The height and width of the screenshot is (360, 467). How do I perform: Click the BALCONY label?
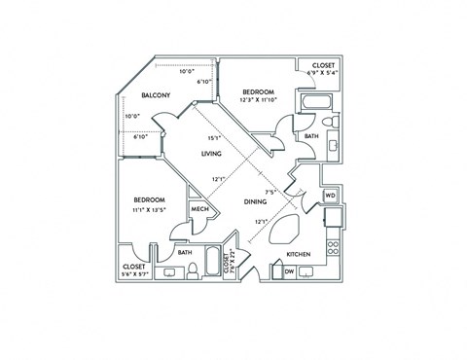click(x=157, y=95)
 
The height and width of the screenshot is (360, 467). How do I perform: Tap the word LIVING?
click(x=212, y=154)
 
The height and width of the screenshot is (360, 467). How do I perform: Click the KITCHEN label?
click(x=298, y=255)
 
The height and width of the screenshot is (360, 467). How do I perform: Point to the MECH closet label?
click(x=199, y=209)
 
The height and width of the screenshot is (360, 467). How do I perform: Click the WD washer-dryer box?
click(x=330, y=196)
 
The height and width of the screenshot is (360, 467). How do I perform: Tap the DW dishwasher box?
click(x=291, y=271)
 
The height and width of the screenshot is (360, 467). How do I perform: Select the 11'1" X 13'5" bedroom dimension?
click(x=149, y=207)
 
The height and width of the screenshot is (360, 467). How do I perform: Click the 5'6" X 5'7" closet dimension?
click(x=134, y=273)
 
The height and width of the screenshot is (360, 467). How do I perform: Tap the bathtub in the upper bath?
click(x=315, y=102)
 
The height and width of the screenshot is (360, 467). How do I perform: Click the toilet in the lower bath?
click(x=193, y=270)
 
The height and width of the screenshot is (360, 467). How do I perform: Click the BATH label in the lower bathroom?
click(x=185, y=253)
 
